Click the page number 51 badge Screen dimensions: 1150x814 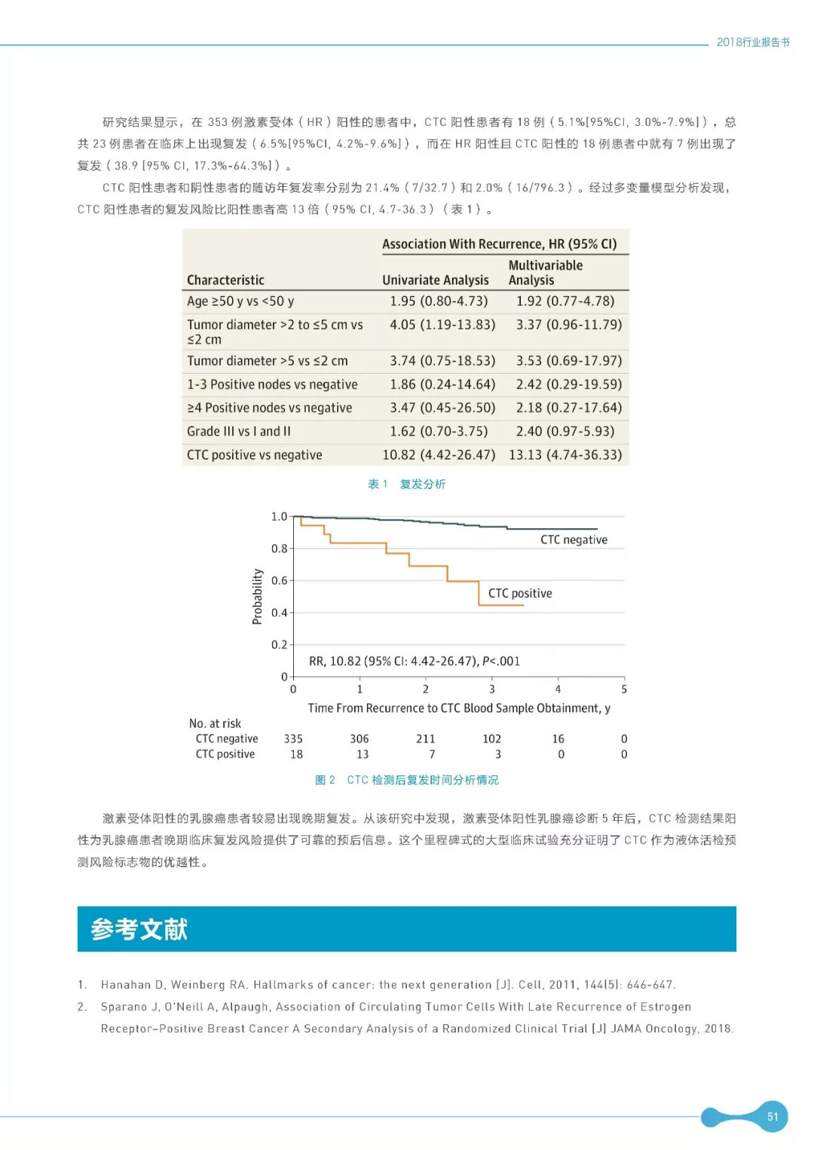click(772, 1117)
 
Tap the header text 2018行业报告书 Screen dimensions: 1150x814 click(753, 42)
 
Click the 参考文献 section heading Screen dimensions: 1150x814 click(139, 929)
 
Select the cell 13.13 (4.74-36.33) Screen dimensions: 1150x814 click(565, 454)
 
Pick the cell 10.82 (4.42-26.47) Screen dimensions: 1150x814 click(439, 454)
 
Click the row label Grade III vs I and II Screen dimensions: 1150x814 click(239, 431)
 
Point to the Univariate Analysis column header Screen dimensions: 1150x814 click(435, 280)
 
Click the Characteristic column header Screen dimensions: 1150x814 click(225, 280)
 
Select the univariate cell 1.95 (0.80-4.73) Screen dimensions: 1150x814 click(439, 301)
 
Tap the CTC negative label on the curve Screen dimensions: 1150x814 click(574, 540)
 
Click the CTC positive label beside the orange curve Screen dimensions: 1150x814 click(520, 593)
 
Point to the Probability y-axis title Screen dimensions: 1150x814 click(257, 596)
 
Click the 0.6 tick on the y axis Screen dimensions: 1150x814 click(279, 580)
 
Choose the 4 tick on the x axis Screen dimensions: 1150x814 click(558, 689)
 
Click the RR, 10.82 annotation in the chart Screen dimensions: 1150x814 click(415, 661)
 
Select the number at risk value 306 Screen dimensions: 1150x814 click(360, 739)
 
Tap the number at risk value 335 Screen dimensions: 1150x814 click(293, 739)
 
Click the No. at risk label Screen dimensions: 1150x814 click(215, 723)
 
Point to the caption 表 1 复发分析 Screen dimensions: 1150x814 click(407, 484)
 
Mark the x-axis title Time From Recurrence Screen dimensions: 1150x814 click(459, 708)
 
